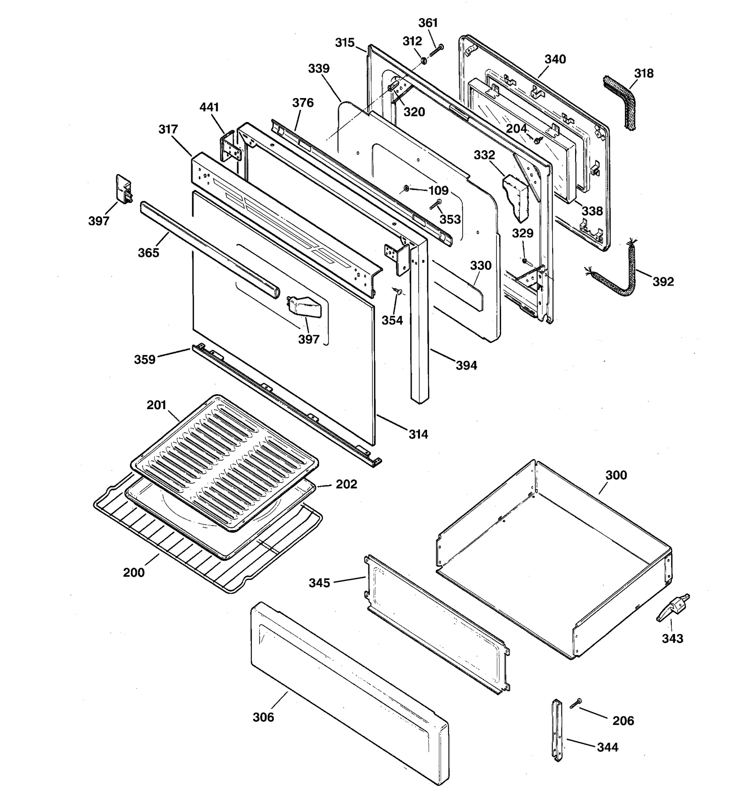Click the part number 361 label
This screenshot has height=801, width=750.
(427, 23)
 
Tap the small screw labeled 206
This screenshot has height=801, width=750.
(576, 703)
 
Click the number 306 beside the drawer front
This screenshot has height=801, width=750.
(263, 717)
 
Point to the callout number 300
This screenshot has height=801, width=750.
(616, 475)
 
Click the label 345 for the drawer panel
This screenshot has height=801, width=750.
(319, 583)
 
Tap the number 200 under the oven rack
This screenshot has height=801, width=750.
(134, 572)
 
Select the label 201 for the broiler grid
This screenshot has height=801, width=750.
(156, 405)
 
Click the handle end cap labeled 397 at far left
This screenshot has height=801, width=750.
(124, 190)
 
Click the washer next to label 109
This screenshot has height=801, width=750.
(406, 189)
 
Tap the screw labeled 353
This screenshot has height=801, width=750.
(435, 204)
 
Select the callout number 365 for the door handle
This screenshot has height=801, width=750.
(148, 252)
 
